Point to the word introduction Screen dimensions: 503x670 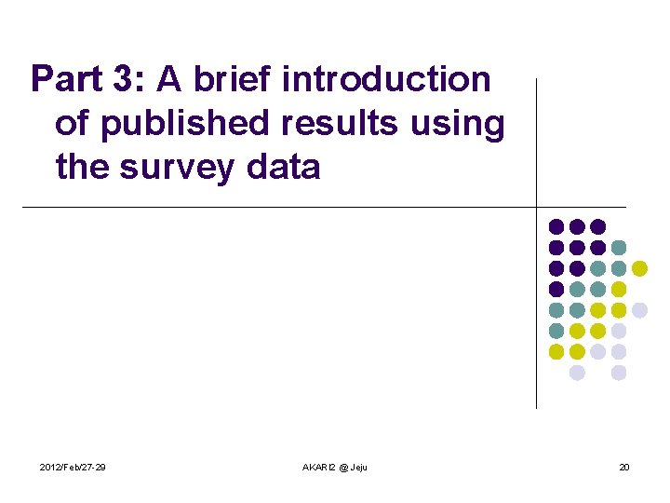(385, 80)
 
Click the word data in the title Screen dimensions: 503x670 (285, 168)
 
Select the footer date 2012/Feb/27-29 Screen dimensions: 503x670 (73, 467)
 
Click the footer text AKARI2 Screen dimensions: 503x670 (322, 467)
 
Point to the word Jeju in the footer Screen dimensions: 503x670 (358, 467)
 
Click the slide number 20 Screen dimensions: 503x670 (624, 467)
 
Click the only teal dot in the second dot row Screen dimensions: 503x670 (619, 247)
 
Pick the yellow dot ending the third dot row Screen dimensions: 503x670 (639, 268)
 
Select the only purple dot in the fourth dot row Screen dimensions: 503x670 (556, 289)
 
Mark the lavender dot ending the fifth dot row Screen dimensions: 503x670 (639, 310)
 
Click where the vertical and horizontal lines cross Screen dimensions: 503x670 (537, 207)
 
